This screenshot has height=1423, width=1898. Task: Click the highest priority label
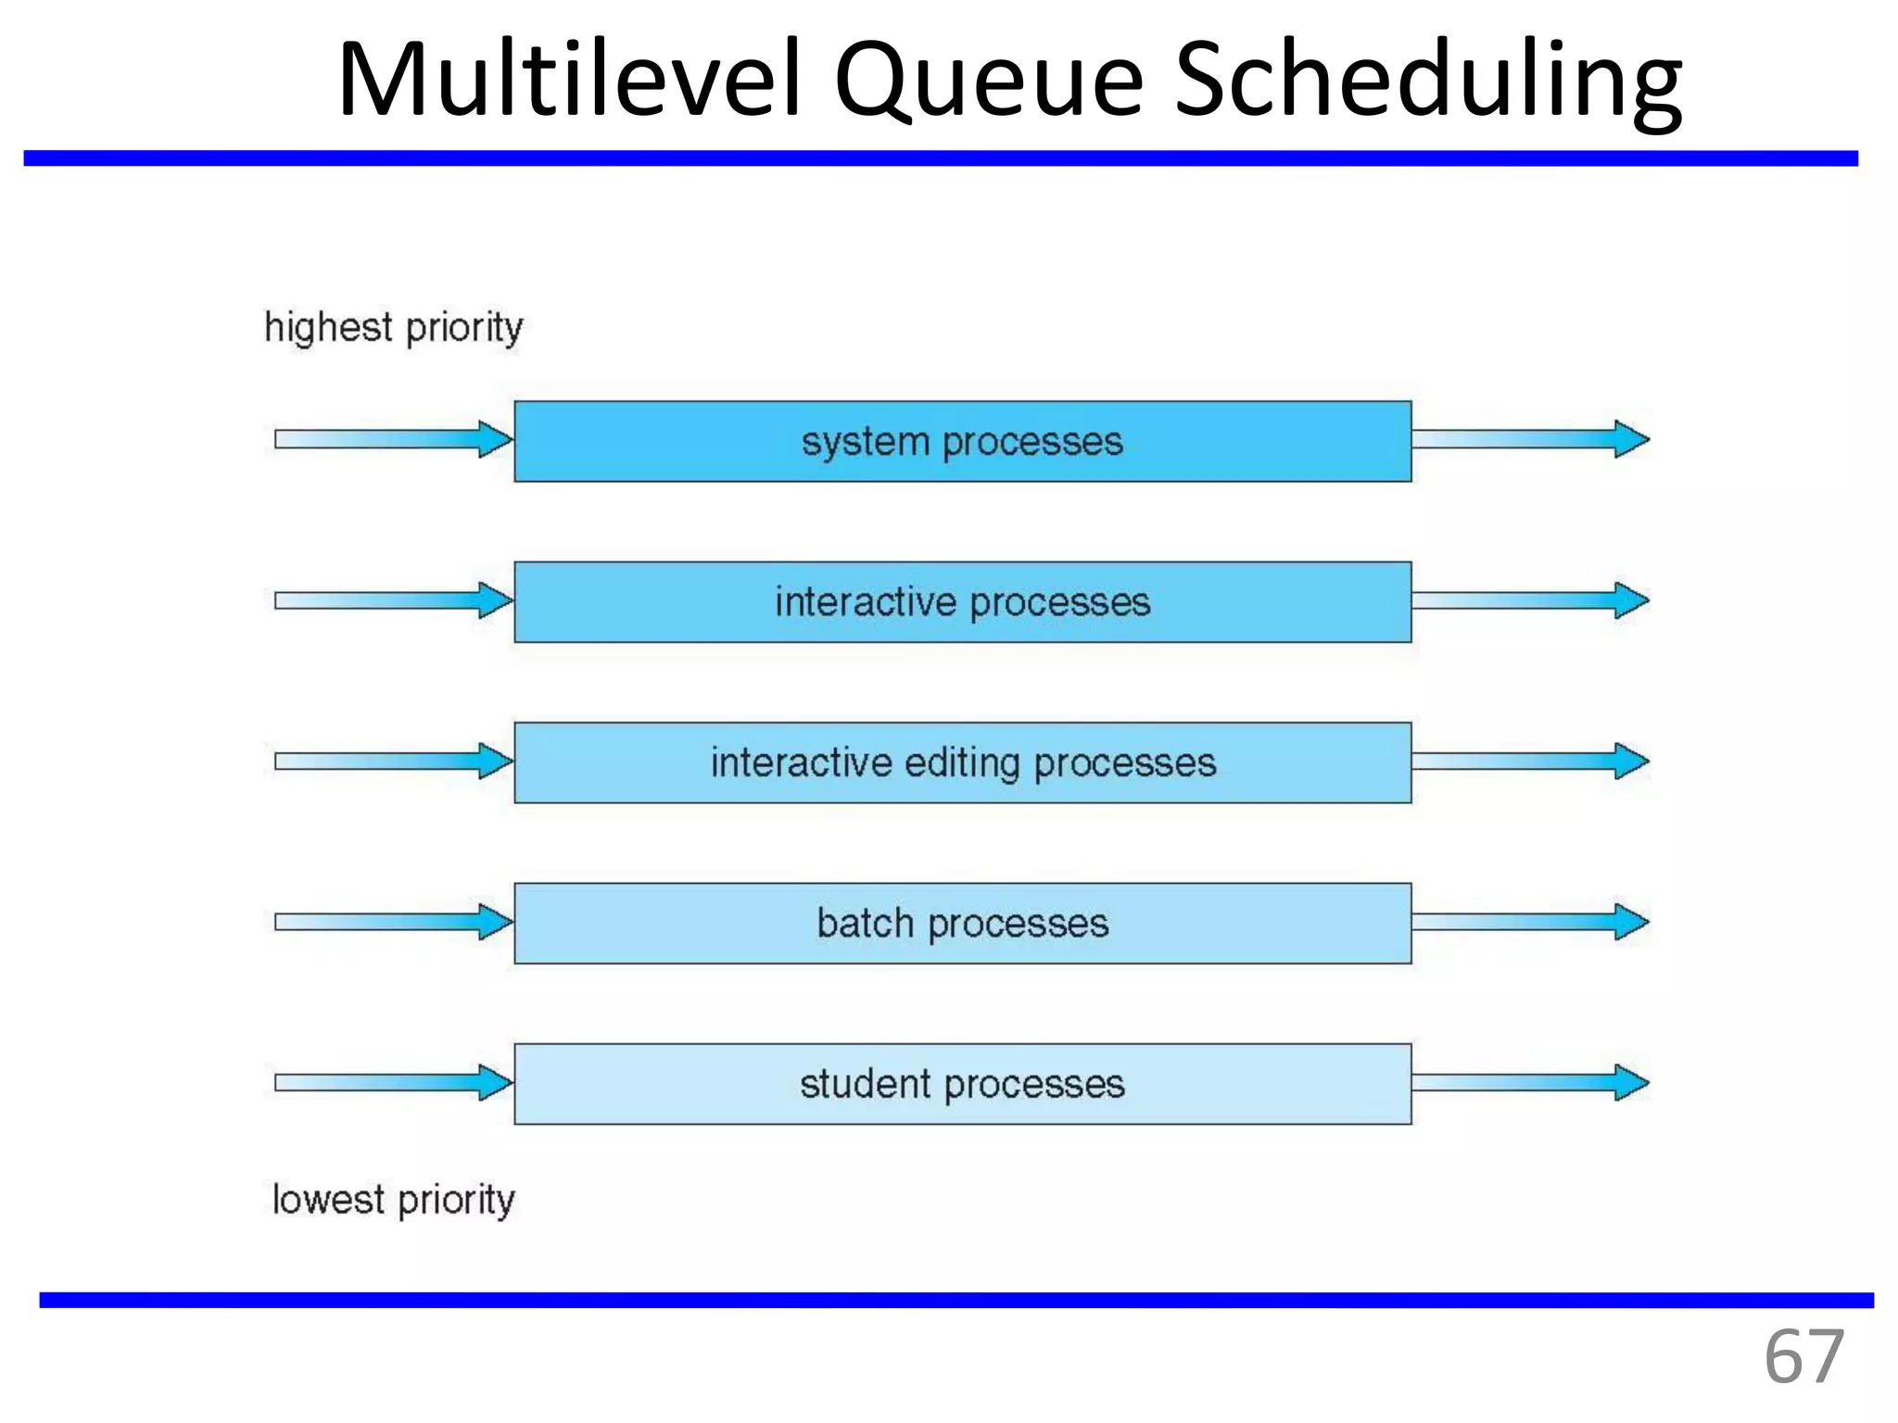point(394,328)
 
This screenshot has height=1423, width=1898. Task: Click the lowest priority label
point(393,1200)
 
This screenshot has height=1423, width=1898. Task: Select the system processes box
point(962,441)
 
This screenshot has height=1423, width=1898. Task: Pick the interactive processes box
point(962,602)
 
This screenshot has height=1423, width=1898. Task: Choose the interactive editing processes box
point(962,762)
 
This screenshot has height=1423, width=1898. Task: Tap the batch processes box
point(962,924)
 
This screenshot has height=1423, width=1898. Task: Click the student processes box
point(962,1084)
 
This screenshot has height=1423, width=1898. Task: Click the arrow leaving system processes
point(1529,439)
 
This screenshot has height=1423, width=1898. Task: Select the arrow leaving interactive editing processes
point(1529,761)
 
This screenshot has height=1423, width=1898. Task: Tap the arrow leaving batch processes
point(1529,922)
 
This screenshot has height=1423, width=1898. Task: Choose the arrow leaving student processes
point(1529,1082)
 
